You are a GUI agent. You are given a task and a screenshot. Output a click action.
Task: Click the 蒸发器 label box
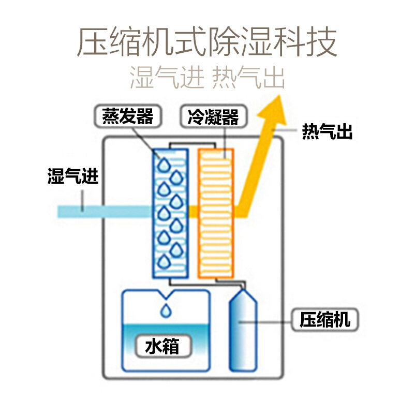[128, 116]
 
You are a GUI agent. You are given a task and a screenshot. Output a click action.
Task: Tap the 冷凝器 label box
[213, 116]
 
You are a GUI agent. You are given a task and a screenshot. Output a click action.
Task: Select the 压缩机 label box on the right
[325, 320]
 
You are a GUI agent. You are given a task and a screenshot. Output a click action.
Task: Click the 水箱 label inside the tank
[162, 346]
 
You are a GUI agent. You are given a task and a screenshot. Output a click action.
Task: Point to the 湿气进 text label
[73, 176]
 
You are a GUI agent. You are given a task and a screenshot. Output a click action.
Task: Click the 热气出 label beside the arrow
[328, 131]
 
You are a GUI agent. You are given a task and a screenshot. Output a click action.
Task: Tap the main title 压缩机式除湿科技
[207, 41]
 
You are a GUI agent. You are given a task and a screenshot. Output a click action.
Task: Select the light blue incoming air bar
[105, 212]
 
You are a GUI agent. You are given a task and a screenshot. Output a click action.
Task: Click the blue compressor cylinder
[243, 330]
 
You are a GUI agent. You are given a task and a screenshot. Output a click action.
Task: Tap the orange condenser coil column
[216, 213]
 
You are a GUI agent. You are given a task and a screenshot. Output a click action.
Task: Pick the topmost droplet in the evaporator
[164, 165]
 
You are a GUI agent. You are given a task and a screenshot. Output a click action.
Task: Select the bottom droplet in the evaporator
[164, 262]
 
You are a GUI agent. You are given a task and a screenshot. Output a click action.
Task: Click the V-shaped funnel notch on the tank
[166, 295]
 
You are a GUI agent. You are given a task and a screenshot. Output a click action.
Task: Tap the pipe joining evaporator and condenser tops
[192, 144]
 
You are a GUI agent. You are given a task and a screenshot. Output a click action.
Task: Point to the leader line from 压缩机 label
[265, 322]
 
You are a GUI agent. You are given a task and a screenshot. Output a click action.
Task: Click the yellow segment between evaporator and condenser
[193, 212]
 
